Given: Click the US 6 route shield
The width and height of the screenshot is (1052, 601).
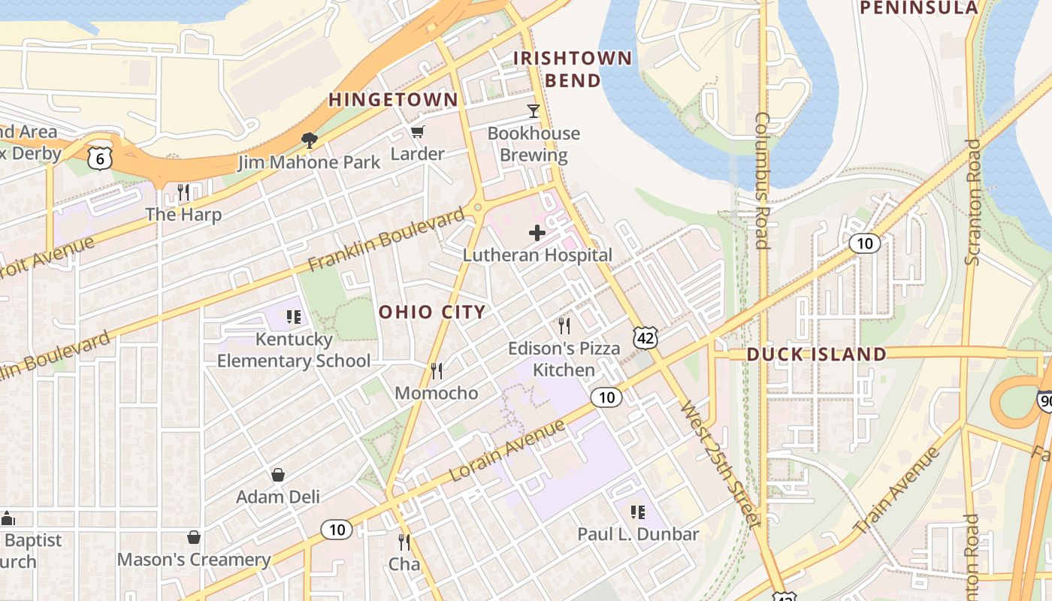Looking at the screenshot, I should pyautogui.click(x=100, y=157).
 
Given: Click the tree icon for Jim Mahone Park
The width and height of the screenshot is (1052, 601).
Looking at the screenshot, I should pyautogui.click(x=308, y=140).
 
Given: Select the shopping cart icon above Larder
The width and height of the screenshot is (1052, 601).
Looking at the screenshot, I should pyautogui.click(x=417, y=132).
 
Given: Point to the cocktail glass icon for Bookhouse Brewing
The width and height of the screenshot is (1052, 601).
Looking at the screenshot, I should pyautogui.click(x=534, y=111).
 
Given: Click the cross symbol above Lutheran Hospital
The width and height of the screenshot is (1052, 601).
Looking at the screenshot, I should pyautogui.click(x=537, y=233).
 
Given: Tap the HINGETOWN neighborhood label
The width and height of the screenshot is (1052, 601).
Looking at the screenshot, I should pyautogui.click(x=393, y=100).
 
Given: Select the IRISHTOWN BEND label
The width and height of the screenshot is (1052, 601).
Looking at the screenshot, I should pyautogui.click(x=573, y=69).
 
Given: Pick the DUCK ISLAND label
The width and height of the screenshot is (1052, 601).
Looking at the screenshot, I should pyautogui.click(x=816, y=354).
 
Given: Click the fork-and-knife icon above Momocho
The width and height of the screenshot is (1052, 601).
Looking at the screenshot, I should pyautogui.click(x=436, y=370).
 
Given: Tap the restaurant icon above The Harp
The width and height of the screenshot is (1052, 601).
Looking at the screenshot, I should pyautogui.click(x=183, y=192).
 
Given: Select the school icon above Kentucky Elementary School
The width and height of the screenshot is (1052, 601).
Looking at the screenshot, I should pyautogui.click(x=293, y=317).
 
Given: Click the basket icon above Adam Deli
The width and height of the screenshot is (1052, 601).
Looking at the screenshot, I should pyautogui.click(x=278, y=475).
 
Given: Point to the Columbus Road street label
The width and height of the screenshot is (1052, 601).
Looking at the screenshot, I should pyautogui.click(x=762, y=180).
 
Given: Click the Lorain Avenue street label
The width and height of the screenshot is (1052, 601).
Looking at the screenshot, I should pyautogui.click(x=507, y=451).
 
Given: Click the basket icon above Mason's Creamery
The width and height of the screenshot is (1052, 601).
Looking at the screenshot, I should pyautogui.click(x=194, y=537).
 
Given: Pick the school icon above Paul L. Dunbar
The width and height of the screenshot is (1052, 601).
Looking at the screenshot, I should pyautogui.click(x=637, y=512).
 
